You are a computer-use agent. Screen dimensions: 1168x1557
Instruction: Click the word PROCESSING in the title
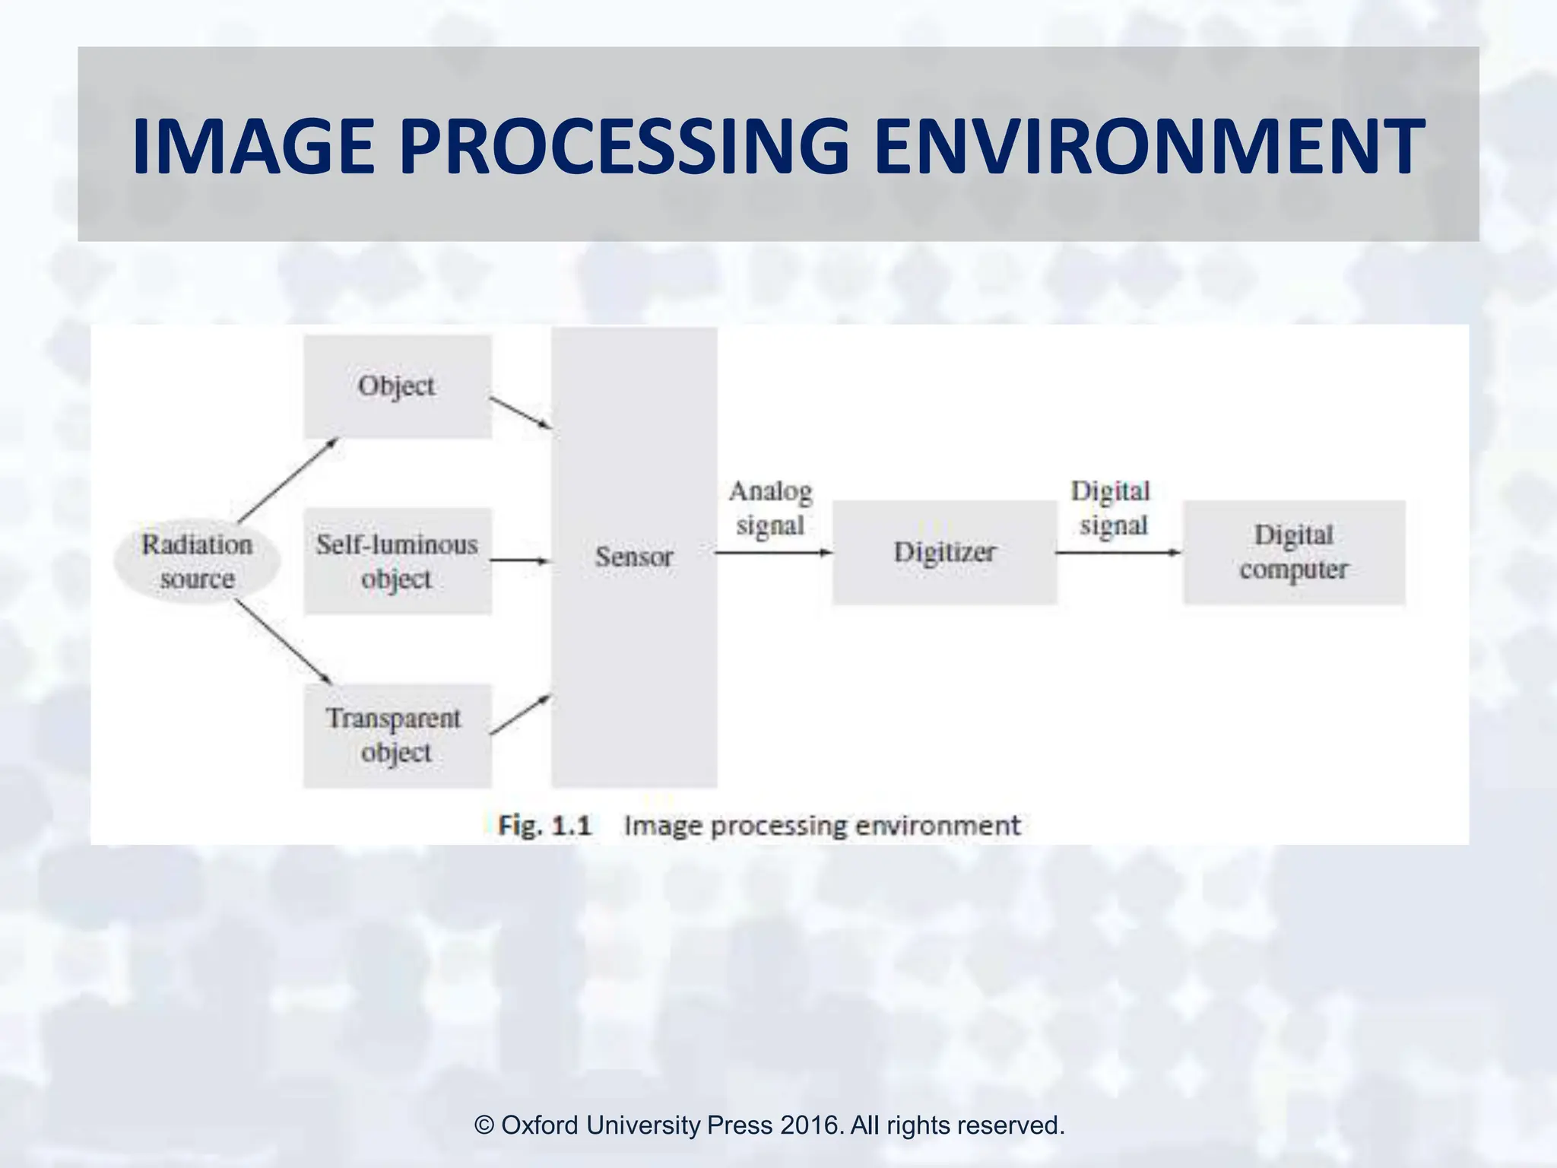pos(623,146)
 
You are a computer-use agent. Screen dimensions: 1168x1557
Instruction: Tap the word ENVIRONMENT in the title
pos(1148,146)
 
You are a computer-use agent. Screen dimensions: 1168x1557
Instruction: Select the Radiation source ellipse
pos(197,561)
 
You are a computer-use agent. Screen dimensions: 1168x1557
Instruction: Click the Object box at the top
pos(397,386)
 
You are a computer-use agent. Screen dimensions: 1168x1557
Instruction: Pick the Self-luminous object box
pos(397,561)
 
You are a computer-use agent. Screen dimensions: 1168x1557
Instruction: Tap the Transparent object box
pos(397,735)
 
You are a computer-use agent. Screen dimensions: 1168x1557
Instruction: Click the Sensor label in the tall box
pos(634,557)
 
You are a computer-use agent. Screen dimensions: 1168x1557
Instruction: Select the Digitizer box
pos(944,552)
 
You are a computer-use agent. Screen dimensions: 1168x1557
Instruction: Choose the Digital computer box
pos(1294,552)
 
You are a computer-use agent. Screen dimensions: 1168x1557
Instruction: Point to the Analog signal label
pos(770,508)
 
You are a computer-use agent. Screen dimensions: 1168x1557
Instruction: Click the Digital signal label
pos(1112,508)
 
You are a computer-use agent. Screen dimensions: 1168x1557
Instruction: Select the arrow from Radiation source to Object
pos(287,481)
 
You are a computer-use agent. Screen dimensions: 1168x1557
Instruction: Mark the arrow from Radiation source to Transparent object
pos(283,641)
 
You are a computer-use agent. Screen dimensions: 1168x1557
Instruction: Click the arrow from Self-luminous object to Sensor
pos(520,561)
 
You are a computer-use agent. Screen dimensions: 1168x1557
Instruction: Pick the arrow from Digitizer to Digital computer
pos(1118,553)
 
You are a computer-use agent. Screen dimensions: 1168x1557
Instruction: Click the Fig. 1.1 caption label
pos(544,825)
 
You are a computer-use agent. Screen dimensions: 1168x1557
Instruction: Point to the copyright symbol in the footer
pos(484,1125)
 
